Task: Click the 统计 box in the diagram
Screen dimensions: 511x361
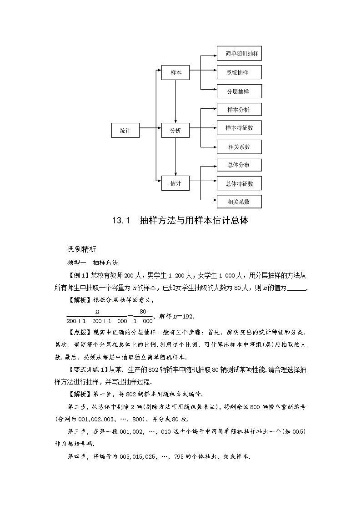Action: pos(125,131)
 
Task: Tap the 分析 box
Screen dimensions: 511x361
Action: pos(175,131)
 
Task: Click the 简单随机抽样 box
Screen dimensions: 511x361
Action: pos(239,53)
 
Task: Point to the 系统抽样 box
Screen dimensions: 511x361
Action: pos(239,72)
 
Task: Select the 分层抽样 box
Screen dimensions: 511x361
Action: pos(239,91)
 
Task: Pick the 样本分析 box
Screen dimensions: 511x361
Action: pos(239,110)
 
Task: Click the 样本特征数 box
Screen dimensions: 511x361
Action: pos(239,128)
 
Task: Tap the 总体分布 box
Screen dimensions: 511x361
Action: pos(239,165)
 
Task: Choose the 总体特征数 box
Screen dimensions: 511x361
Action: pos(239,183)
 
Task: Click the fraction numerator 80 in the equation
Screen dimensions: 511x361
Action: pos(143,312)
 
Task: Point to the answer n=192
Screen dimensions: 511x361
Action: pos(186,316)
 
